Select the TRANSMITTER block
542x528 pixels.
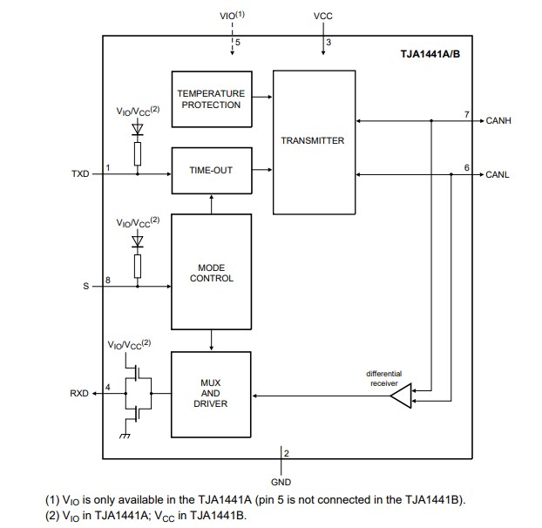314,141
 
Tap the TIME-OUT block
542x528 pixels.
211,170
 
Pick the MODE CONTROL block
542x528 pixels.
211,273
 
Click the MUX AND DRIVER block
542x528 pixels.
211,394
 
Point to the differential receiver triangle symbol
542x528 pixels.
399,397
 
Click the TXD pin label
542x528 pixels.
80,175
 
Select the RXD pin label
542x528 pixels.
80,394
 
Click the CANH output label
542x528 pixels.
498,121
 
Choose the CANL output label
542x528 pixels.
498,175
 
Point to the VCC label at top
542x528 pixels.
323,17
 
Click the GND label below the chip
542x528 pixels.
281,482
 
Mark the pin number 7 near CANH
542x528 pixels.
466,114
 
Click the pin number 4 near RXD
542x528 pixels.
107,387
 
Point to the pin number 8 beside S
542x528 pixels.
107,280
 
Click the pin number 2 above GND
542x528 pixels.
287,454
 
